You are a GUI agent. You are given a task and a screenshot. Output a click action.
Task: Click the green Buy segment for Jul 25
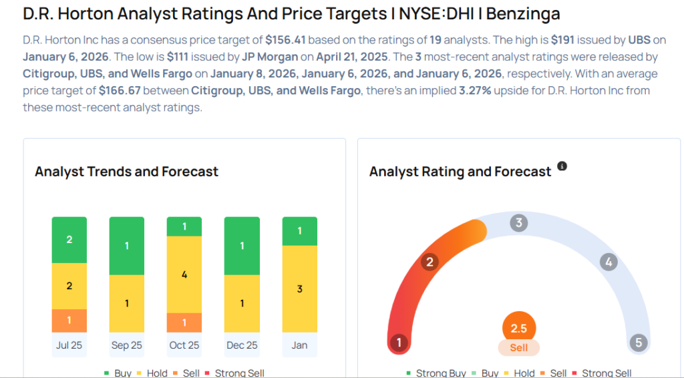click(69, 240)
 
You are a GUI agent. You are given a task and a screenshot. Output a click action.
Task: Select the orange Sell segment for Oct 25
click(184, 323)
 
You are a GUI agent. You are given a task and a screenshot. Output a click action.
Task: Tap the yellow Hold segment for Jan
click(300, 289)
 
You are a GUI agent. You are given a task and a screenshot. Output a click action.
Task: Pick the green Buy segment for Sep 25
click(127, 246)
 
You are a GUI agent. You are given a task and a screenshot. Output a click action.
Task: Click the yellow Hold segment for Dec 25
click(242, 304)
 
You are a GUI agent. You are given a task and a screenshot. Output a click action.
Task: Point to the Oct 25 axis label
click(184, 345)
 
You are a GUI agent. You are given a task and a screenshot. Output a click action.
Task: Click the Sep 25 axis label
click(127, 345)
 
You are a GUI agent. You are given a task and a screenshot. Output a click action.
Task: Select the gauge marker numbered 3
click(518, 223)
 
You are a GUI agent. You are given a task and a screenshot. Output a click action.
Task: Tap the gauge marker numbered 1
click(399, 343)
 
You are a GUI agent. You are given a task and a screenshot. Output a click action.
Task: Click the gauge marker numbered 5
click(639, 343)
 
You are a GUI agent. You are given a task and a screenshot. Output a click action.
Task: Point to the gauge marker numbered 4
click(608, 262)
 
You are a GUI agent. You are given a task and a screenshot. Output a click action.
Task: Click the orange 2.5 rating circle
click(519, 329)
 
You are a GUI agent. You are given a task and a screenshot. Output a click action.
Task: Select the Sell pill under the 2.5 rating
click(519, 348)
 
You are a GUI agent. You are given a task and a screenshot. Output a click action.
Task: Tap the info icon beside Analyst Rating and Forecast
click(562, 166)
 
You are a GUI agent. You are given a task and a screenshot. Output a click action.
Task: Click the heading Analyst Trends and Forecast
click(127, 172)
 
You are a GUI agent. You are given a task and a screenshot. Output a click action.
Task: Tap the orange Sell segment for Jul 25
click(69, 321)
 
